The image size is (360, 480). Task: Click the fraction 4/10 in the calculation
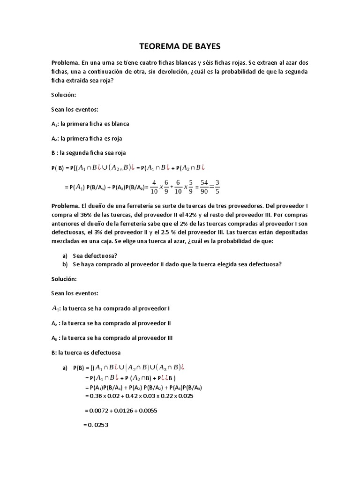tap(154, 186)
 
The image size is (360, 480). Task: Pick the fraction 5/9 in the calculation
tap(177, 186)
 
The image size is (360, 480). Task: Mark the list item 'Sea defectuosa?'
tap(95, 255)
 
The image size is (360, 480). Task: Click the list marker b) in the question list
tap(65, 264)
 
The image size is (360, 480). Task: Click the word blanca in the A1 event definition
tap(120, 124)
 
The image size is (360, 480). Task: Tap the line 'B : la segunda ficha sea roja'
tap(89, 153)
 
